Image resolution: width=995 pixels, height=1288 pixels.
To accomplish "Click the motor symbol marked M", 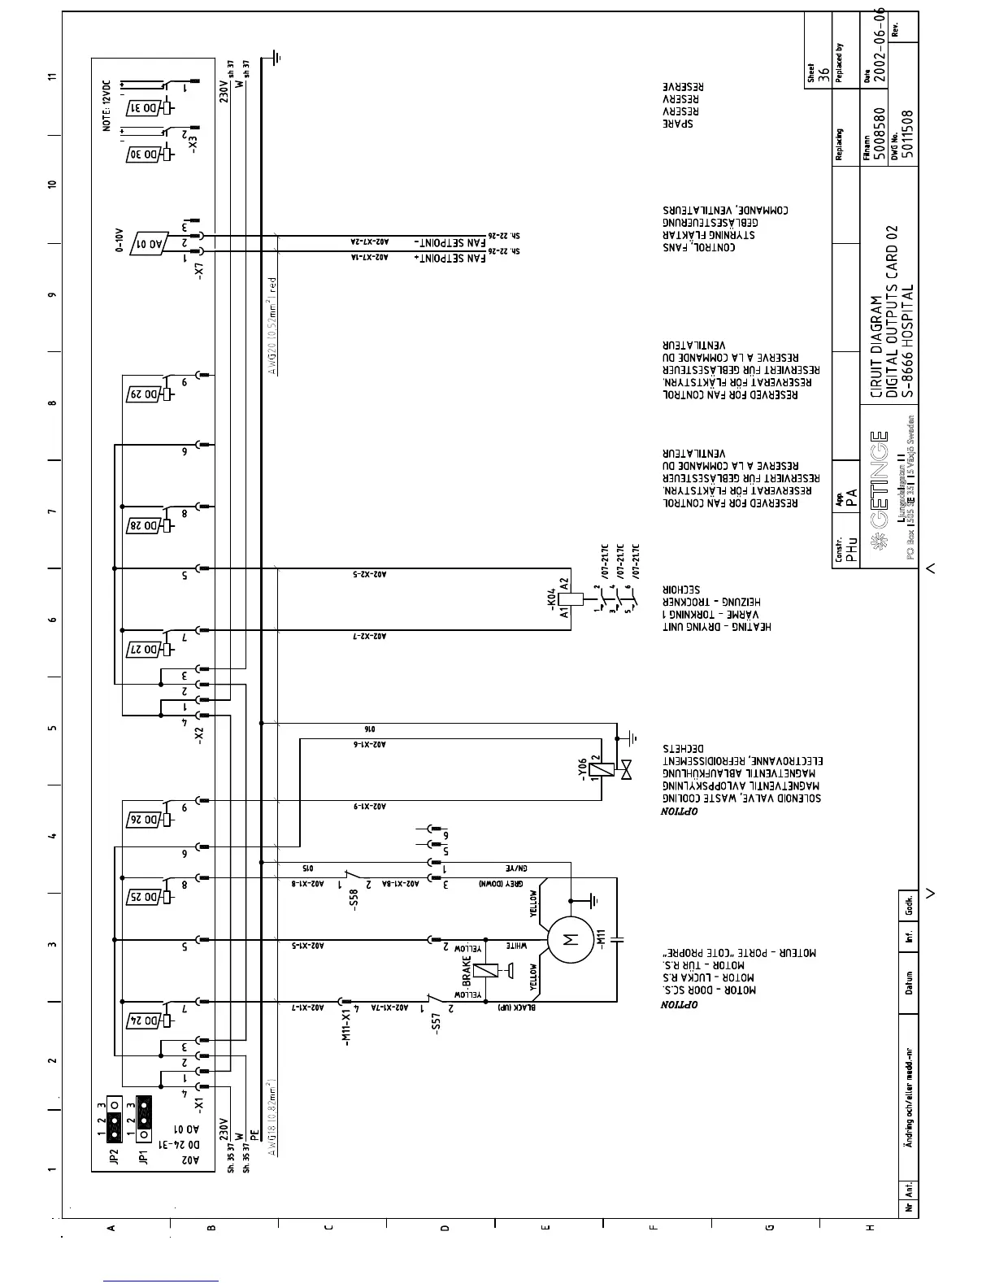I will pos(570,940).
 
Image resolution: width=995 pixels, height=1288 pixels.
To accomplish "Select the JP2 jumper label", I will pos(115,1156).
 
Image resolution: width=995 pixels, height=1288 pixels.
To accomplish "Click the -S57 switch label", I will pos(437,1022).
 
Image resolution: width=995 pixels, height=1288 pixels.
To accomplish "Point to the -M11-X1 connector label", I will pos(346,1028).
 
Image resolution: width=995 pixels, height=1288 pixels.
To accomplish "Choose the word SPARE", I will pos(677,124).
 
